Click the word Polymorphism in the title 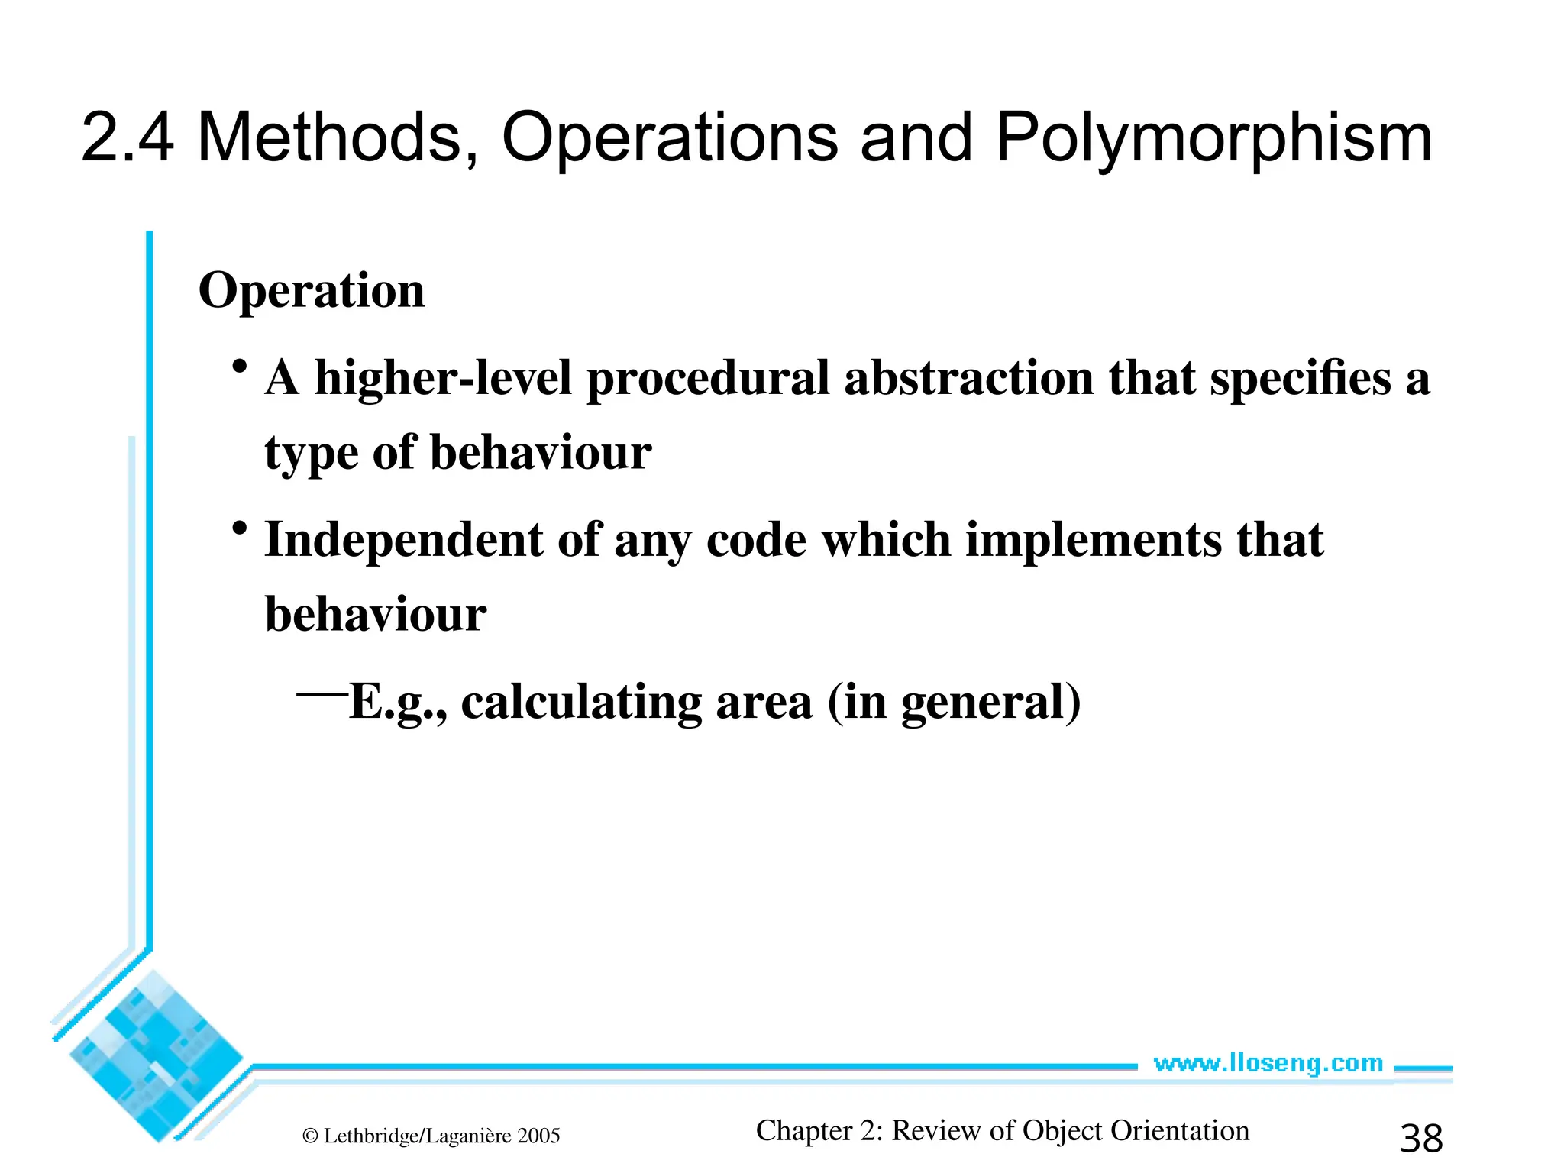pyautogui.click(x=1213, y=139)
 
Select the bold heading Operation pyautogui.click(x=312, y=292)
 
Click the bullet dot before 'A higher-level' pyautogui.click(x=241, y=367)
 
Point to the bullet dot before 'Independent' pyautogui.click(x=241, y=528)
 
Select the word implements pyautogui.click(x=1094, y=540)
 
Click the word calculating pyautogui.click(x=581, y=703)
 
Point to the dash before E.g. pyautogui.click(x=322, y=694)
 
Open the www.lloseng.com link pyautogui.click(x=1268, y=1063)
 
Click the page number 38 pyautogui.click(x=1421, y=1139)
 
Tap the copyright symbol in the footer pyautogui.click(x=310, y=1136)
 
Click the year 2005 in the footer pyautogui.click(x=538, y=1136)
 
